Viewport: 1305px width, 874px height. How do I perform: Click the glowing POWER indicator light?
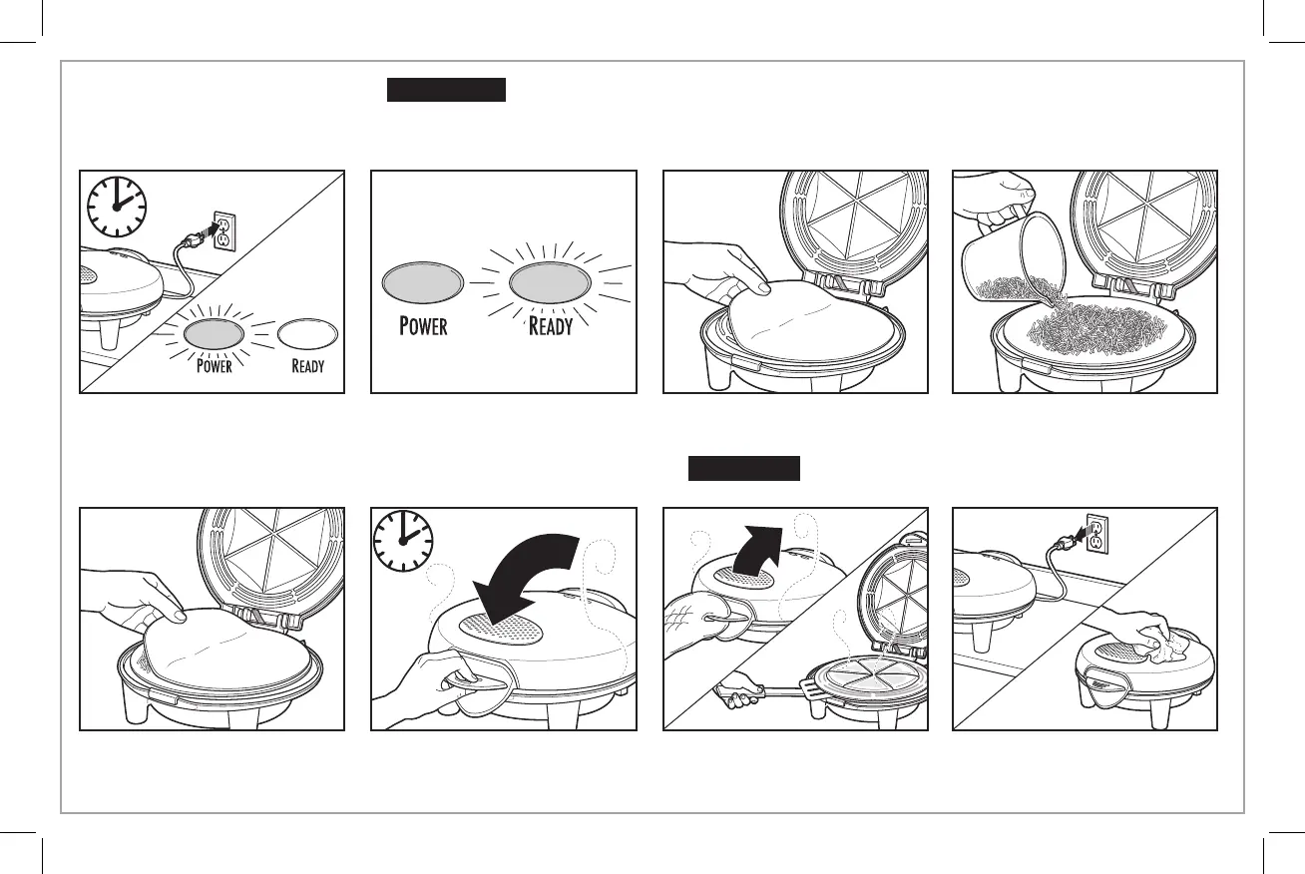tap(213, 332)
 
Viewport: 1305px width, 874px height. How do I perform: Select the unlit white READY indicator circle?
tap(306, 332)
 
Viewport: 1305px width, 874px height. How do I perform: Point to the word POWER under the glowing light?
tap(215, 365)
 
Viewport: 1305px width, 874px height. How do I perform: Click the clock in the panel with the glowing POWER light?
tap(116, 207)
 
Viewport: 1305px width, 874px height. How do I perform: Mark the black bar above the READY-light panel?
tap(447, 91)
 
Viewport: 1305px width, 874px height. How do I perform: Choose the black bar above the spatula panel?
tap(744, 468)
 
